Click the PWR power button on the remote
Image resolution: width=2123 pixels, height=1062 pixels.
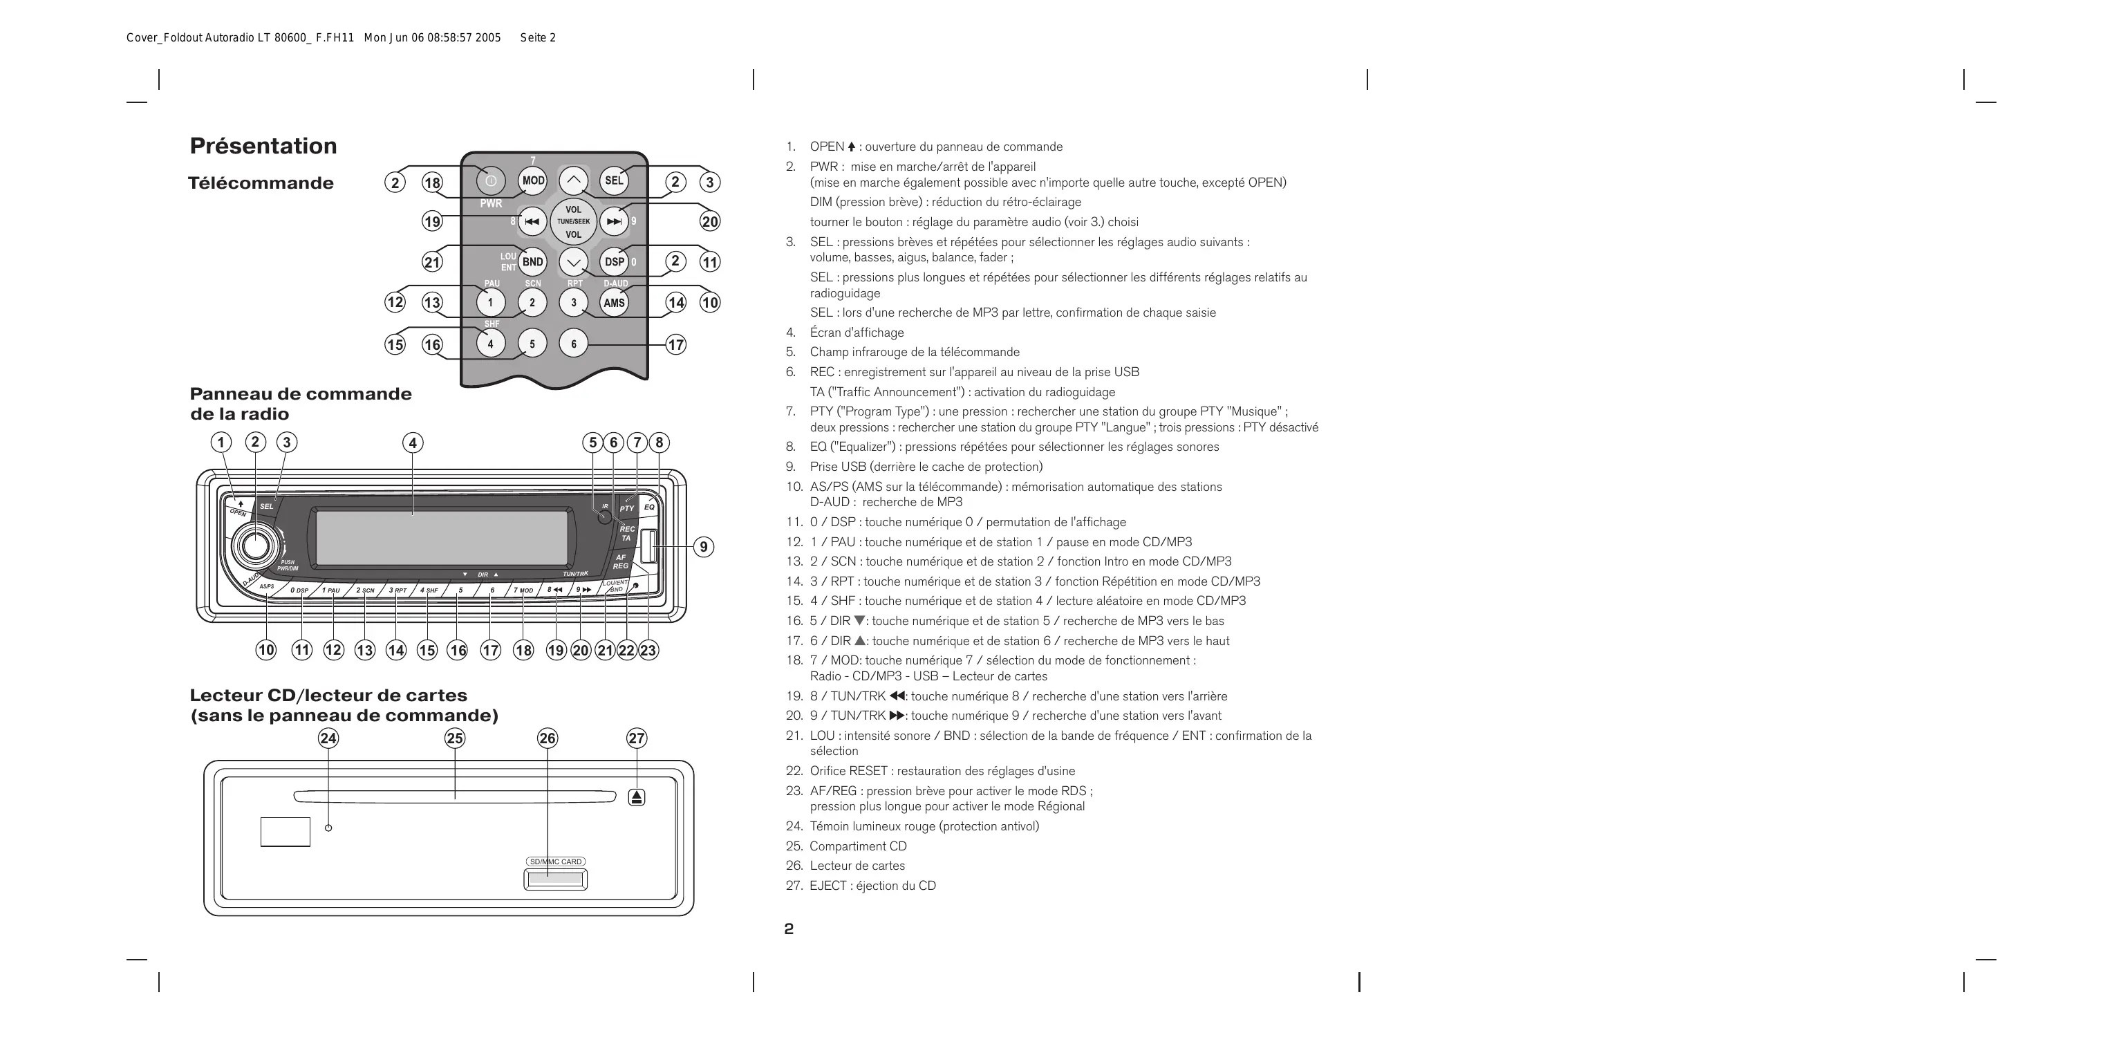click(490, 180)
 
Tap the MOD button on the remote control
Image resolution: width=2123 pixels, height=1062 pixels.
click(532, 180)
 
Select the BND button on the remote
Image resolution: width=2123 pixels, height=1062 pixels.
click(532, 262)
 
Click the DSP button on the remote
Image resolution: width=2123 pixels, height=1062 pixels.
click(614, 262)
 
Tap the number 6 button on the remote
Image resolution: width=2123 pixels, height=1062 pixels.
click(574, 344)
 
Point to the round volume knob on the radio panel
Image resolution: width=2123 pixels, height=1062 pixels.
click(254, 545)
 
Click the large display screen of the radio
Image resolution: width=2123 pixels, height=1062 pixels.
click(441, 537)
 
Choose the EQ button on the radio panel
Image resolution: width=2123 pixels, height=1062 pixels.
click(649, 506)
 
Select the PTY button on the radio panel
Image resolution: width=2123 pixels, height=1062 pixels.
click(627, 508)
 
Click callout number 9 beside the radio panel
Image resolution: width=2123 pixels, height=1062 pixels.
click(703, 547)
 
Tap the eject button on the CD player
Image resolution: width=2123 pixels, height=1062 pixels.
click(636, 797)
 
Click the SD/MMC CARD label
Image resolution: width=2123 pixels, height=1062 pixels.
click(556, 861)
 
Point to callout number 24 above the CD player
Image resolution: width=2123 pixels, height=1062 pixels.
click(328, 738)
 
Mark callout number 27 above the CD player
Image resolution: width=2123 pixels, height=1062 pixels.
click(636, 738)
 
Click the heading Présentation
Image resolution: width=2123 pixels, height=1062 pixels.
click(263, 146)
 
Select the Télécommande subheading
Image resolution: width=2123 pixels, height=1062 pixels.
click(261, 183)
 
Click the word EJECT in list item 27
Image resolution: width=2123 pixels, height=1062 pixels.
click(827, 886)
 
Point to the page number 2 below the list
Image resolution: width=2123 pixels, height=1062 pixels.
click(789, 929)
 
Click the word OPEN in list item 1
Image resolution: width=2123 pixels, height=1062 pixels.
click(827, 147)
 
